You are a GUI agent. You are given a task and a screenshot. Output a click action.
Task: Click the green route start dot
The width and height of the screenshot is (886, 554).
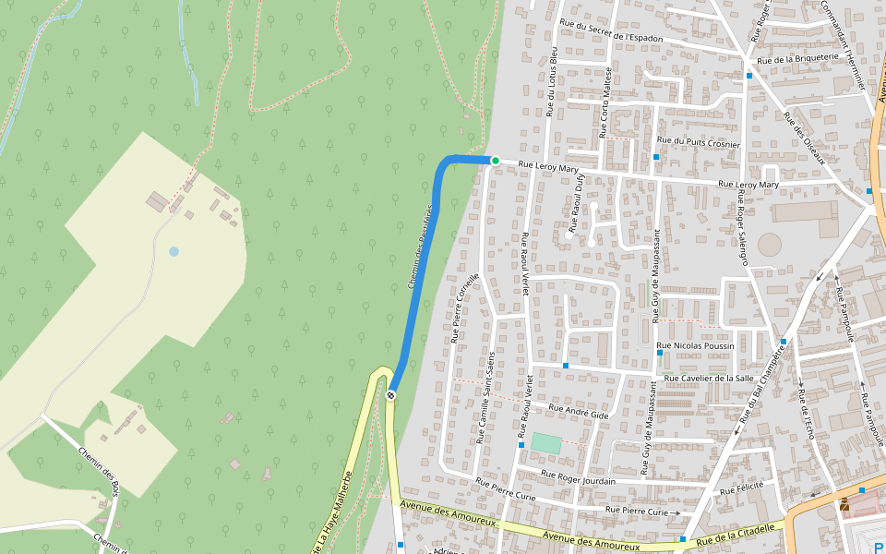pyautogui.click(x=495, y=161)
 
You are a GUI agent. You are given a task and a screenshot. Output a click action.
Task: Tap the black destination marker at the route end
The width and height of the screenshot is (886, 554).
pyautogui.click(x=391, y=395)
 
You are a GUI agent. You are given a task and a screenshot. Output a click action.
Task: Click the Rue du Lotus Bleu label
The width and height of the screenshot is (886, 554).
pyautogui.click(x=552, y=81)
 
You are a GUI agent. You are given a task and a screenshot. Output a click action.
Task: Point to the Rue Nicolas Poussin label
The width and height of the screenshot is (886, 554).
pyautogui.click(x=695, y=346)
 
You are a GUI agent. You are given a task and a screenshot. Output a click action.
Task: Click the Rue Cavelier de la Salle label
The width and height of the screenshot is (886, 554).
pyautogui.click(x=710, y=378)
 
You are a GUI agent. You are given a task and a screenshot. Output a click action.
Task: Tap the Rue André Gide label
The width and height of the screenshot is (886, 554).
pyautogui.click(x=579, y=412)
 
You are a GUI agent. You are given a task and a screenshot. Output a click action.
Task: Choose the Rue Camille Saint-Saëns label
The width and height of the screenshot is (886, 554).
pyautogui.click(x=485, y=397)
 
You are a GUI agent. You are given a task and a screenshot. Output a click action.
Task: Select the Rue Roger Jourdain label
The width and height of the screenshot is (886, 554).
pyautogui.click(x=578, y=476)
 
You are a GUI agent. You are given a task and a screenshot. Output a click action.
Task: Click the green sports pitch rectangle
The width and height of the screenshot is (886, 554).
pyautogui.click(x=545, y=444)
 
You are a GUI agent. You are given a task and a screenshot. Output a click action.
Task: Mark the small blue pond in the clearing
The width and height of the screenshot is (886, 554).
pyautogui.click(x=174, y=251)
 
